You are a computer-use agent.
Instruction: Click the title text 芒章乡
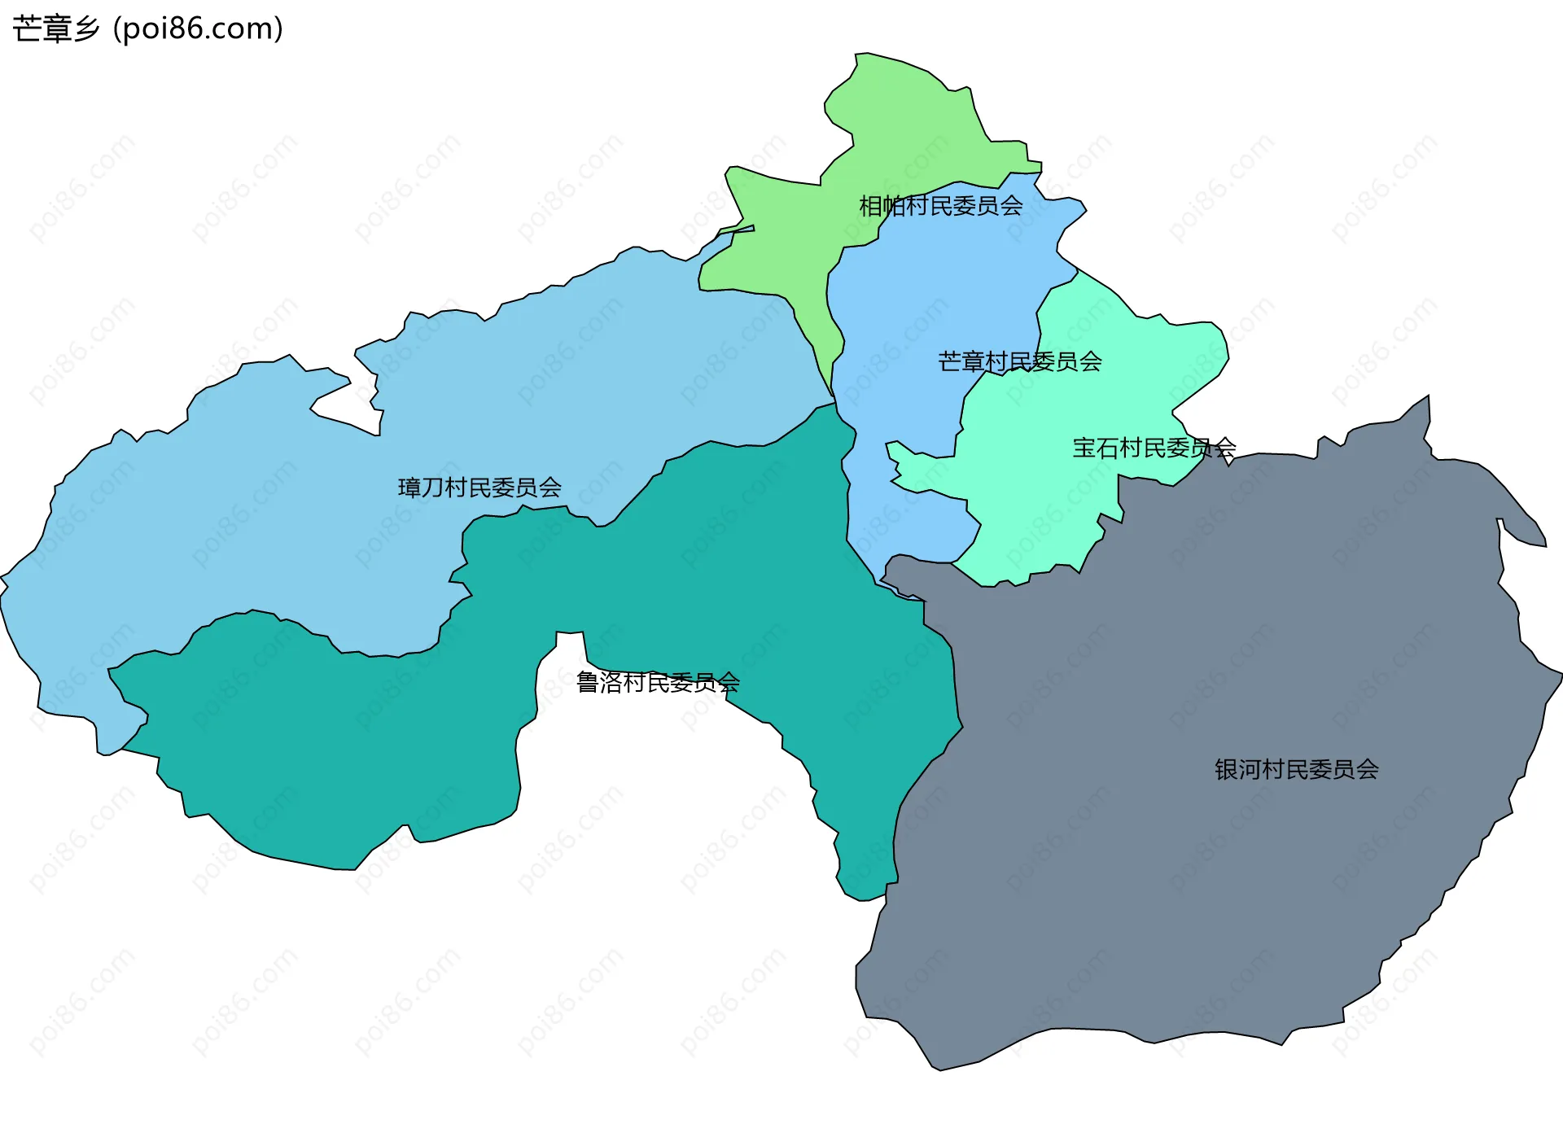(55, 29)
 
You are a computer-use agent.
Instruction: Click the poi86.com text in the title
(198, 29)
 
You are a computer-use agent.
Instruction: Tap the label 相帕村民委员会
(940, 206)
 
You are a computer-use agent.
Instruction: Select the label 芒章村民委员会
(1019, 361)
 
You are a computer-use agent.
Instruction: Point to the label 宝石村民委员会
(1154, 448)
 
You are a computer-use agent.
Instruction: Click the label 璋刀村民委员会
(479, 488)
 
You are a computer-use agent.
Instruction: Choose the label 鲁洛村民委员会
(658, 682)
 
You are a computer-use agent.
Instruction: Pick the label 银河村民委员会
(1296, 769)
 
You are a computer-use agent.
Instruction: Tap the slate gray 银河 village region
(1221, 895)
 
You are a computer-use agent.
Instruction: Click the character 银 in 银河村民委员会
(1227, 769)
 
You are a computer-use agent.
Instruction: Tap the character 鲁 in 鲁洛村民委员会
(588, 682)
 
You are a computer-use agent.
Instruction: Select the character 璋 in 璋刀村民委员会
(409, 488)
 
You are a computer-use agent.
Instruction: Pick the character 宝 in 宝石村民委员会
(1084, 448)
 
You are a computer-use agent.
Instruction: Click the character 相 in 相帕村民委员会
(870, 206)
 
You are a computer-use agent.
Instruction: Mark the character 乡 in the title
(86, 29)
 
